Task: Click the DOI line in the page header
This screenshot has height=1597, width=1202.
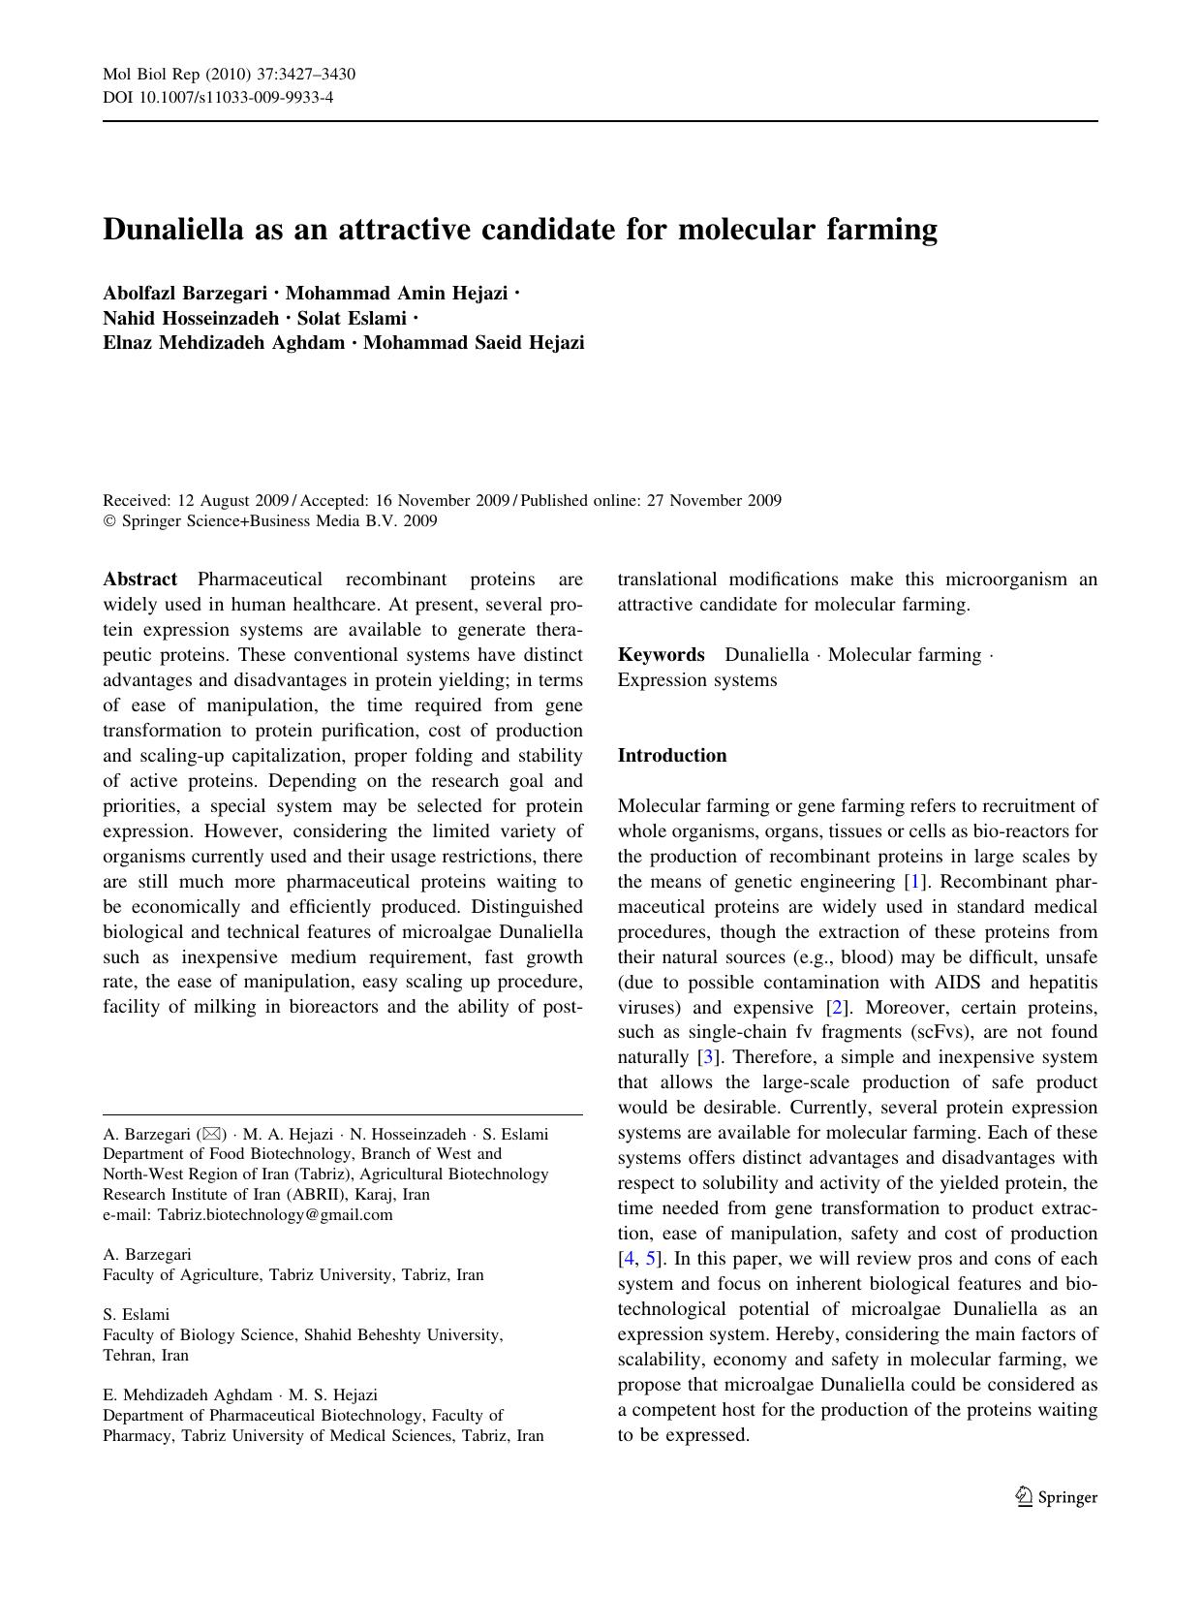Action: [x=218, y=97]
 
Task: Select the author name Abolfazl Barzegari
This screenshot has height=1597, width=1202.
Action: [x=184, y=293]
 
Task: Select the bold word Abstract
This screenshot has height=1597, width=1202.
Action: [x=140, y=579]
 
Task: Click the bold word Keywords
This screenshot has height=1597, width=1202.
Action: [x=661, y=655]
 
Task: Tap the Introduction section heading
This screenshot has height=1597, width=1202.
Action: [x=672, y=756]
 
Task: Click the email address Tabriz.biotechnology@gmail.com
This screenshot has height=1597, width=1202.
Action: [x=275, y=1215]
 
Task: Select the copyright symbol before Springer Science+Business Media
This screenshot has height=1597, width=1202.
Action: [x=109, y=521]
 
